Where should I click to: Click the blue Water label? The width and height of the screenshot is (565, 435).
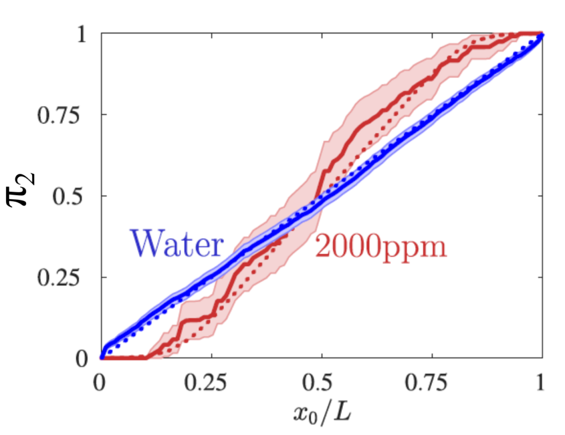point(176,244)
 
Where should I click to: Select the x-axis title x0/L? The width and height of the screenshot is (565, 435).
point(322,411)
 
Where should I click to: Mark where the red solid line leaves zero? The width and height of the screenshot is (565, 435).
point(146,357)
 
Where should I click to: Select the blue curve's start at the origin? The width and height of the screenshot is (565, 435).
point(102,357)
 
